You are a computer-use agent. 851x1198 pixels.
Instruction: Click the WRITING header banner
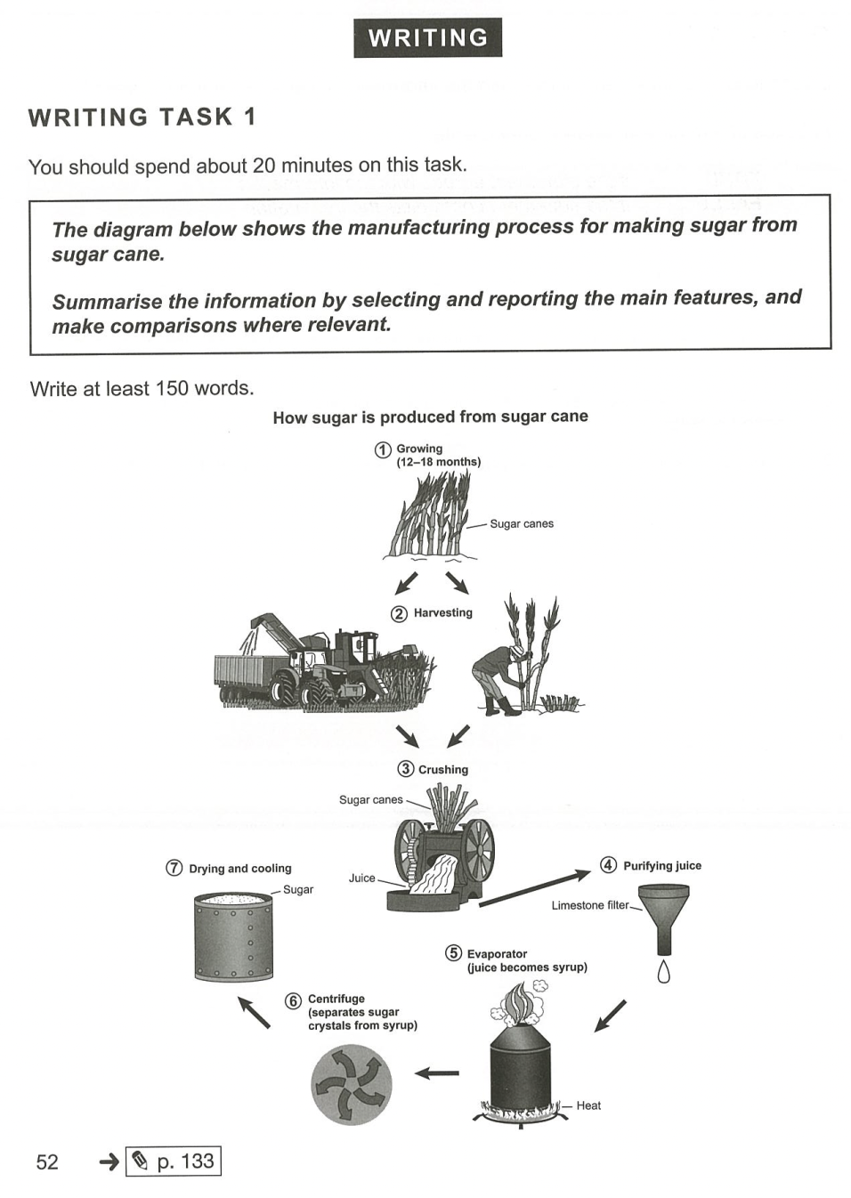point(427,37)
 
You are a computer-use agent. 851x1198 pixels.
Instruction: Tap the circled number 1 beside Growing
point(383,450)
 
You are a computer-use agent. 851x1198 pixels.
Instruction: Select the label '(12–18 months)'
point(439,462)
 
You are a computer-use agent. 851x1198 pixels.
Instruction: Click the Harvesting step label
point(442,612)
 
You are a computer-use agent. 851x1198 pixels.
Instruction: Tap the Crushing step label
point(442,769)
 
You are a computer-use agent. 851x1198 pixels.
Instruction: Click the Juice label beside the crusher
point(361,878)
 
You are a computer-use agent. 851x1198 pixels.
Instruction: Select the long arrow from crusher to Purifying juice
point(534,889)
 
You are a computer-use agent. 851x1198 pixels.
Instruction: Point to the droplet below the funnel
point(662,971)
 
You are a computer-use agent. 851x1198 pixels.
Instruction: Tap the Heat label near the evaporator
point(588,1105)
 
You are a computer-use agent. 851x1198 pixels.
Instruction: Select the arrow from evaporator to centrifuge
point(437,1073)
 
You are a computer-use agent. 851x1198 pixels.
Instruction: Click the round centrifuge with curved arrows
point(352,1085)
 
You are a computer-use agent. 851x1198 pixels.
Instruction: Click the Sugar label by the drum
point(298,889)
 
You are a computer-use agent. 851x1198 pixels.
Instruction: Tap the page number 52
point(47,1162)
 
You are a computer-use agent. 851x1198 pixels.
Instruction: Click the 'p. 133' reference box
point(174,1162)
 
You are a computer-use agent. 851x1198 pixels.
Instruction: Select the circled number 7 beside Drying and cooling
point(174,868)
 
